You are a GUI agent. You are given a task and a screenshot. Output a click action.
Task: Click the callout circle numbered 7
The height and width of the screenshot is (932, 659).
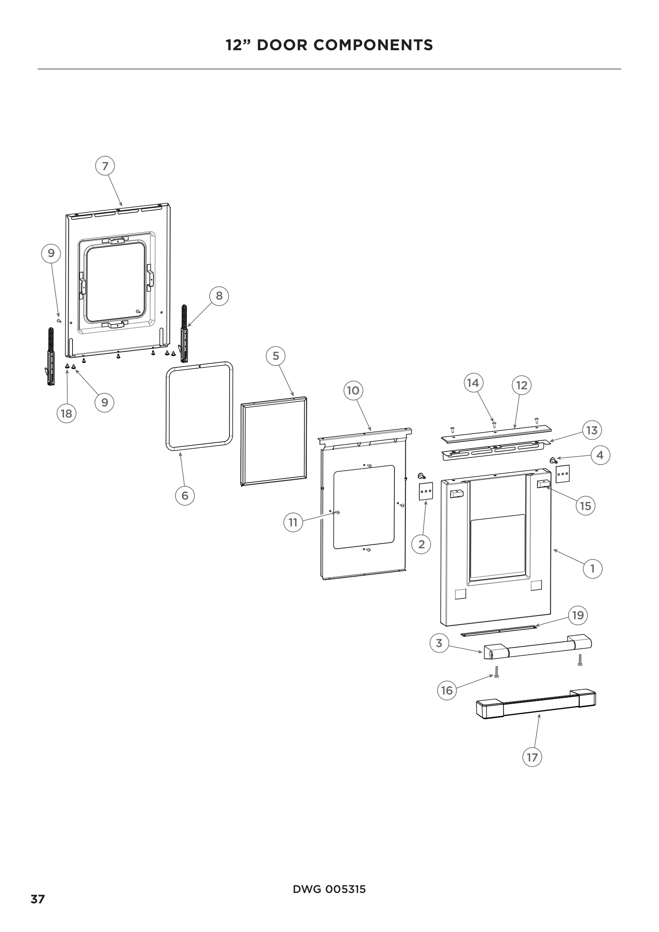(x=105, y=166)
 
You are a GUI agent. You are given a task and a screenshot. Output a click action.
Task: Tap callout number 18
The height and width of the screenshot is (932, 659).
(x=66, y=414)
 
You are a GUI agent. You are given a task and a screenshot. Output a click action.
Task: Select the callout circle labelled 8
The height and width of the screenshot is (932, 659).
(x=219, y=296)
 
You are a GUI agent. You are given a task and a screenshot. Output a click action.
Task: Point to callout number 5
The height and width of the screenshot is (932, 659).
(x=276, y=356)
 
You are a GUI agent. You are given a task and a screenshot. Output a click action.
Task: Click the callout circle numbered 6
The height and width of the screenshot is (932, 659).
(x=184, y=496)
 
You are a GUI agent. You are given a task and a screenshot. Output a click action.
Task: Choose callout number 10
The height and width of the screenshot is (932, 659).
(x=353, y=390)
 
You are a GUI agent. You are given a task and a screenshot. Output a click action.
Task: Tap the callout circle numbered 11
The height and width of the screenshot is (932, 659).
(x=293, y=522)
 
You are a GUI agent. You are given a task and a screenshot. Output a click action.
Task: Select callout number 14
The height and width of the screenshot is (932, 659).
(x=473, y=383)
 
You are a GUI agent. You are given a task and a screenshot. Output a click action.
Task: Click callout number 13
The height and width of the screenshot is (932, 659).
(x=592, y=430)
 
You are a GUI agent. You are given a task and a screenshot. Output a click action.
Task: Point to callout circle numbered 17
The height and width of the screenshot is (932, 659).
(x=532, y=757)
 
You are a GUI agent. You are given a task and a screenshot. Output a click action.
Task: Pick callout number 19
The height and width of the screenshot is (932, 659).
(x=578, y=615)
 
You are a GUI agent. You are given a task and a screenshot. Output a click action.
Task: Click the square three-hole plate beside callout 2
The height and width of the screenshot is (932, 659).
(x=426, y=491)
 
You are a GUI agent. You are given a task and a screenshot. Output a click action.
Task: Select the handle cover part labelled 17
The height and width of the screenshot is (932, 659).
(x=535, y=704)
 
